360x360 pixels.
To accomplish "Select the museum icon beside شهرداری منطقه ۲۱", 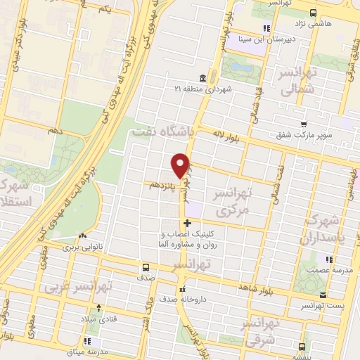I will [x=202, y=77].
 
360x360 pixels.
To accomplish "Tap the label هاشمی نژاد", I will [x=334, y=24].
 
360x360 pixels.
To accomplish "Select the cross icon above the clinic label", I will [x=186, y=224].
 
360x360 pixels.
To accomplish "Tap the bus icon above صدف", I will [x=146, y=267].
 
